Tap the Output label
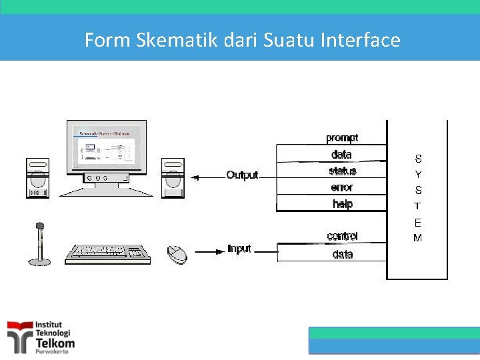coord(242,175)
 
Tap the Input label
coord(239,249)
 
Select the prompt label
coord(342,138)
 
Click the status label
coord(342,171)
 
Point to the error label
coord(342,188)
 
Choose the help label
coord(342,205)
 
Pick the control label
coord(342,237)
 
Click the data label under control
coord(342,254)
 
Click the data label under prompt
coord(341,155)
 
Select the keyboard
coord(107,253)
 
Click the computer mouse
coord(177,253)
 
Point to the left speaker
coord(37,178)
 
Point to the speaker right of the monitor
coord(173,178)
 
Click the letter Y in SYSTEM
coord(418,175)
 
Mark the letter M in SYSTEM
coord(418,238)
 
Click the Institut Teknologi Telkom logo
coord(41,337)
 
